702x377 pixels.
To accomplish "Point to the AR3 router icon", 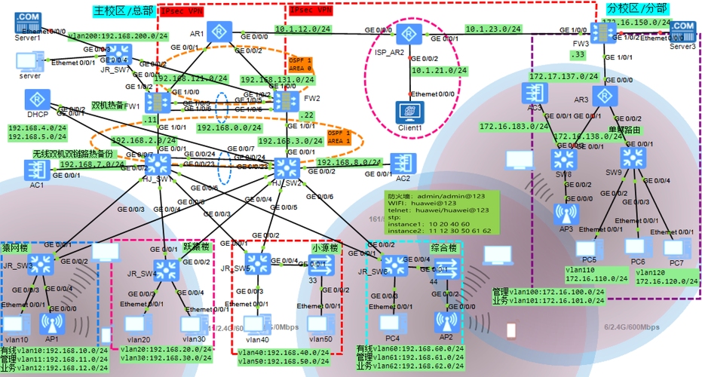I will (602, 96).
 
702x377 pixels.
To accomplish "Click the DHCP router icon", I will (35, 100).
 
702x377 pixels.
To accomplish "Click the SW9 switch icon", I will (632, 157).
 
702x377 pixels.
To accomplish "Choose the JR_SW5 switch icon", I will (257, 263).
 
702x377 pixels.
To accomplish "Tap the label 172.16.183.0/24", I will (507, 127).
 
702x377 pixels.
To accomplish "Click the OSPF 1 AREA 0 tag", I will (299, 63).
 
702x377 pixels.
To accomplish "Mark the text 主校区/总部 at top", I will (124, 11).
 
